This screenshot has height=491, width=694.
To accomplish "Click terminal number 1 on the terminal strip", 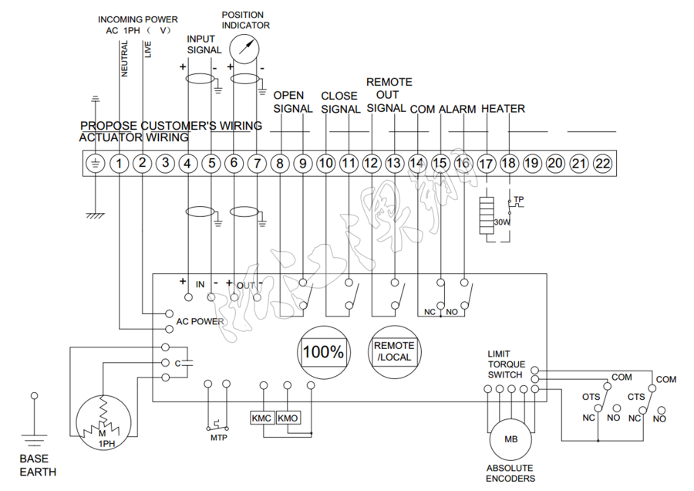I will [x=119, y=164].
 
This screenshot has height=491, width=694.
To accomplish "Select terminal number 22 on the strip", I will [x=603, y=164].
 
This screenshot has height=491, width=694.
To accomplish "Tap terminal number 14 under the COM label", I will [x=417, y=164].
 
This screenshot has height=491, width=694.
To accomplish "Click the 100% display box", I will [x=323, y=352].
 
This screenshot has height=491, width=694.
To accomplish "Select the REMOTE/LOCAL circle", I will [x=394, y=351].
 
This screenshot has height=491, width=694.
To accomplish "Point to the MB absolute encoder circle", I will [x=511, y=439].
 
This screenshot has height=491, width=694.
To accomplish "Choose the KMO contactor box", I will [x=288, y=418].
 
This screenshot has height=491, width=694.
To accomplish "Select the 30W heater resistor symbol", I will [x=486, y=216].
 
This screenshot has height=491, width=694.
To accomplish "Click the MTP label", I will [x=218, y=438].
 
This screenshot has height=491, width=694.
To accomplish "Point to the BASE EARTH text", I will [x=38, y=466].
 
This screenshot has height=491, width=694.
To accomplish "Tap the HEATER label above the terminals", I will [x=503, y=109].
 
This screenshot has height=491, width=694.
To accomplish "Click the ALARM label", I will [x=457, y=110].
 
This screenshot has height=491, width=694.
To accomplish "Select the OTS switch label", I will [x=591, y=397].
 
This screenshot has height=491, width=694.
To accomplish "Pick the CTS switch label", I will [x=636, y=397].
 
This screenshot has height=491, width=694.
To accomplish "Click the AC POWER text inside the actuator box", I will [x=200, y=321].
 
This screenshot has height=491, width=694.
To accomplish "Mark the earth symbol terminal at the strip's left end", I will [x=95, y=164].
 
